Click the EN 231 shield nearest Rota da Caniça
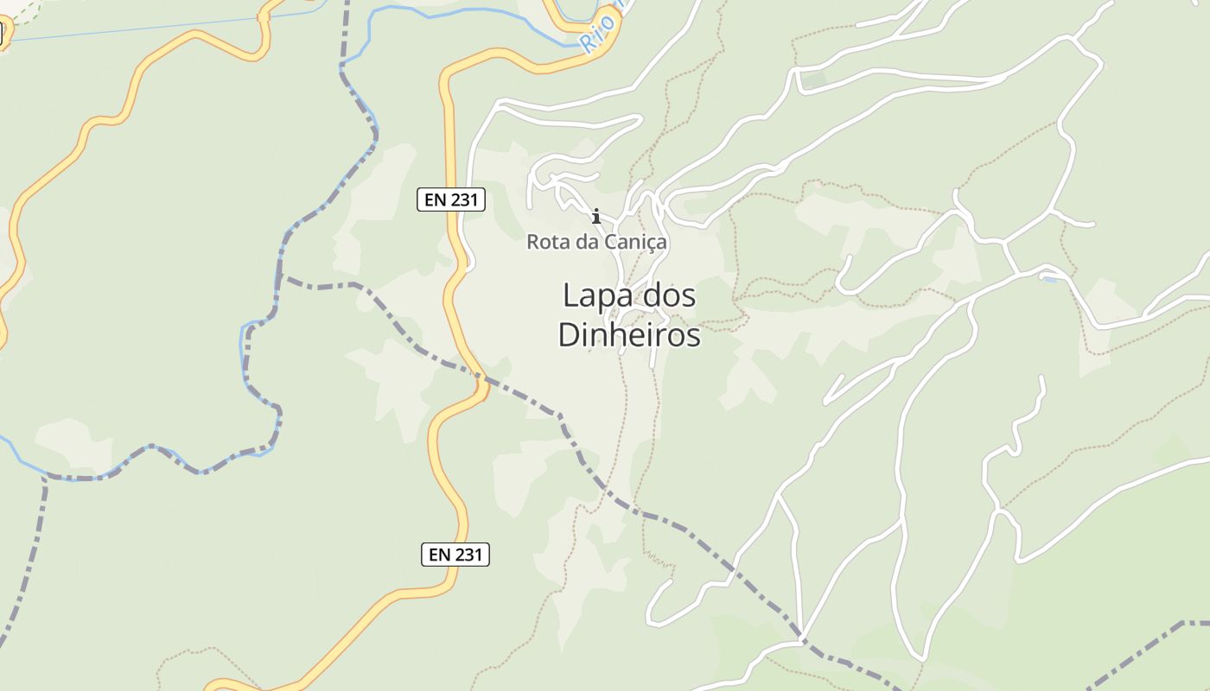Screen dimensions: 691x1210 coord(451,200)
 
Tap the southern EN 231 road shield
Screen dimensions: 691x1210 coord(455,555)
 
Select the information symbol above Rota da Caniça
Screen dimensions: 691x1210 coord(595,216)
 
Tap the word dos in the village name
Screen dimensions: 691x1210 coord(665,296)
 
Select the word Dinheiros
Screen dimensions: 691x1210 coord(628,334)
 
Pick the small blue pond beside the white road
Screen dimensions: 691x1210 coord(1049,279)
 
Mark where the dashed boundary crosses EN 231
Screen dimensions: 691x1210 coord(481,377)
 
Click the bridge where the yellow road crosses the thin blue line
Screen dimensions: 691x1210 coord(264,16)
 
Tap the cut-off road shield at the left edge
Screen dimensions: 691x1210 coord(2,33)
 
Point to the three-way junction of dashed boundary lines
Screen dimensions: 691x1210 coord(285,278)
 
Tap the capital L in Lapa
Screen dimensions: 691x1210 coord(570,296)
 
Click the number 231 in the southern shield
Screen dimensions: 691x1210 coord(467,555)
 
